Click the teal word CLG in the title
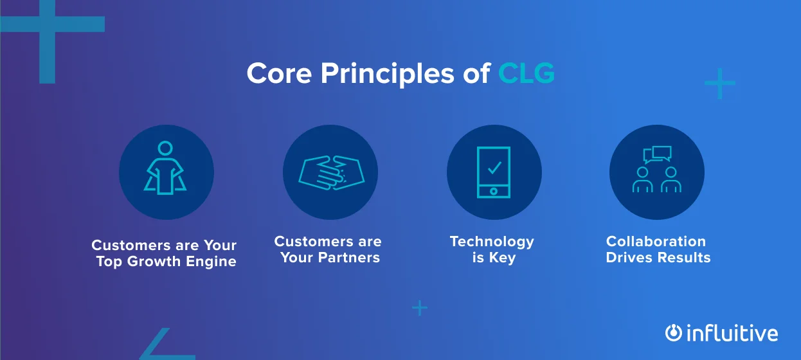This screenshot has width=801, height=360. pos(526,73)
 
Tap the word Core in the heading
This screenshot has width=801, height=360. pos(279,73)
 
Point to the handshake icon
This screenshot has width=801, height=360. pos(330,173)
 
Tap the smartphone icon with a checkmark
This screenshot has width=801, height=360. pos(494,172)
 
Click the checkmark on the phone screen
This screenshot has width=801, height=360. pos(494,168)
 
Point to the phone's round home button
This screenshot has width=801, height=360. pos(494,190)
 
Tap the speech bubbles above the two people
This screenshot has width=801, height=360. pos(658,155)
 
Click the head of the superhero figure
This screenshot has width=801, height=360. pos(166,148)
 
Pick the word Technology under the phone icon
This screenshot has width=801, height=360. pos(492,242)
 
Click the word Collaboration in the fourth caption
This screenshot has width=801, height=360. pos(656,242)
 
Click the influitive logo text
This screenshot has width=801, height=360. pos(732,334)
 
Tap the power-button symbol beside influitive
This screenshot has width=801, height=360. pos(673,332)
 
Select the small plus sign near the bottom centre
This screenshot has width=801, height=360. pos(419,309)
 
